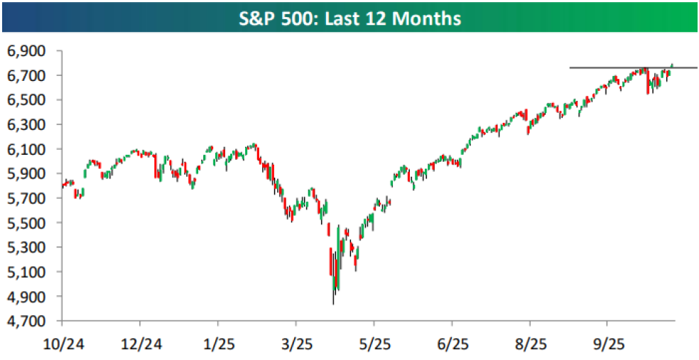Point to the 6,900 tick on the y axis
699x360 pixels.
point(26,51)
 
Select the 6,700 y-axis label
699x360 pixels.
point(26,75)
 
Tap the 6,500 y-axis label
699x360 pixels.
point(26,100)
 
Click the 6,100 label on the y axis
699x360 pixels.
point(26,149)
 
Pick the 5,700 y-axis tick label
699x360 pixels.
point(26,198)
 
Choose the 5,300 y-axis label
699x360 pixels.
point(26,247)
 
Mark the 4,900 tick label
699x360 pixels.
point(26,296)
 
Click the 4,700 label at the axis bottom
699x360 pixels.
point(26,321)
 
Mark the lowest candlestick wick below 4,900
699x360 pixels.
point(333,301)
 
